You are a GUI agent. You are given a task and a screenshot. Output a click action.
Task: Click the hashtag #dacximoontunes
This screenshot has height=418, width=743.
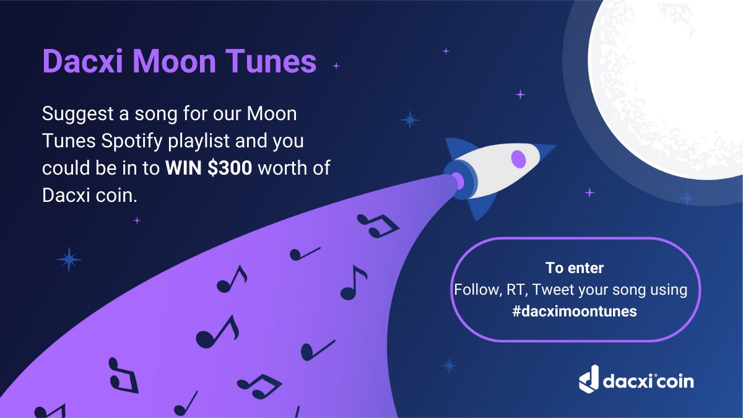click(x=575, y=311)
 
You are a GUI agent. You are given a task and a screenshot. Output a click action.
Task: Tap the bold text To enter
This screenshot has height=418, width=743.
click(x=575, y=268)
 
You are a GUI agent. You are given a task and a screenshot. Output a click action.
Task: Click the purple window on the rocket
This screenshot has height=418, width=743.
click(x=518, y=159)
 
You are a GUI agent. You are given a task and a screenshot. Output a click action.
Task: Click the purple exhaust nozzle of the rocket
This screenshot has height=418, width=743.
click(x=458, y=180)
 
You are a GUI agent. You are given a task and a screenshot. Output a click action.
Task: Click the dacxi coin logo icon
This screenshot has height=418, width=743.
click(x=589, y=378)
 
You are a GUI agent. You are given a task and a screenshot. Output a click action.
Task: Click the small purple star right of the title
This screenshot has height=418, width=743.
click(x=336, y=66)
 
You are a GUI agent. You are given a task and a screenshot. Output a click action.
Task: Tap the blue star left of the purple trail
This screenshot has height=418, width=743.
click(x=69, y=259)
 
